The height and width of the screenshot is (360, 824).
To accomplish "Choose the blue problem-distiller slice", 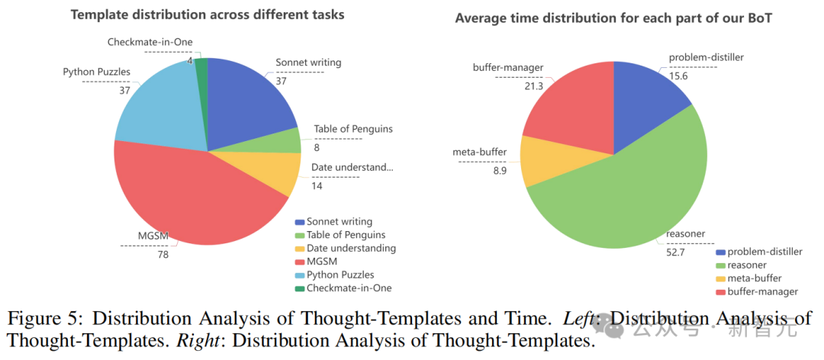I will pyautogui.click(x=645, y=95).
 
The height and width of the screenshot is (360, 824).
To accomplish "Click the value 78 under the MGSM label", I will pyautogui.click(x=163, y=254).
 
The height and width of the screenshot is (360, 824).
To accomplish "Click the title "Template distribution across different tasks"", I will pyautogui.click(x=208, y=14).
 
